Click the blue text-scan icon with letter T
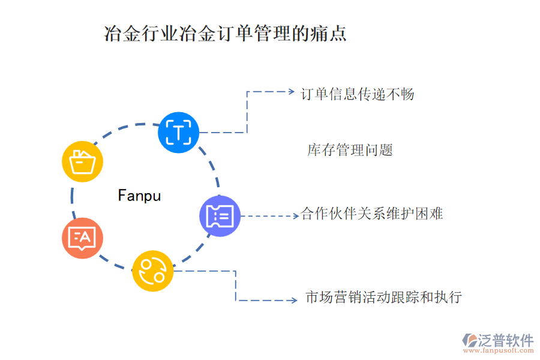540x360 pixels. (178, 132)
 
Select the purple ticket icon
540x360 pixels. (220, 216)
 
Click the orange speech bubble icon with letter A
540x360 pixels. (82, 238)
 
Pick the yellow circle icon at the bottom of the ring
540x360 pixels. (152, 271)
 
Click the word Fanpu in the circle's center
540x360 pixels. (139, 196)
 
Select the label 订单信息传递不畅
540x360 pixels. (357, 94)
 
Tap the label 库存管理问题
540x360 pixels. (350, 150)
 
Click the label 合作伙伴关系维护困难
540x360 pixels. (372, 214)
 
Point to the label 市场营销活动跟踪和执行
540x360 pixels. (383, 297)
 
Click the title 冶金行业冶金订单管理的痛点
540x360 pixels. (226, 33)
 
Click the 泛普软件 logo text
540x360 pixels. (505, 340)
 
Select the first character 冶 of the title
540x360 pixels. (112, 33)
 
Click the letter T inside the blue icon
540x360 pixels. (178, 132)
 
